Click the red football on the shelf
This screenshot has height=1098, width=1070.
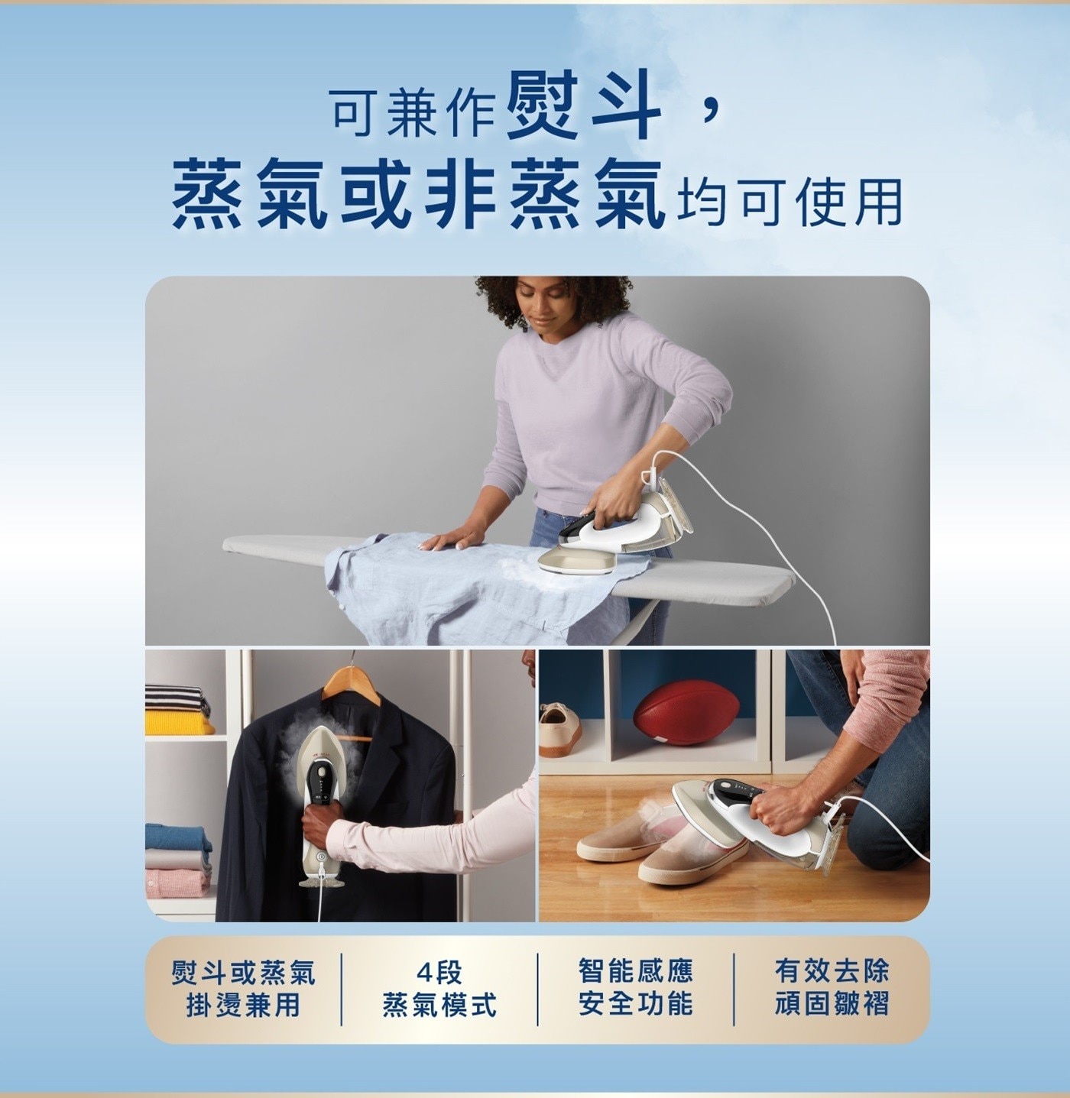click(x=686, y=713)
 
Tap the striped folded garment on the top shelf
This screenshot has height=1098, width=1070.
click(x=176, y=698)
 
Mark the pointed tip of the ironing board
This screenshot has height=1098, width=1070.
click(x=225, y=545)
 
